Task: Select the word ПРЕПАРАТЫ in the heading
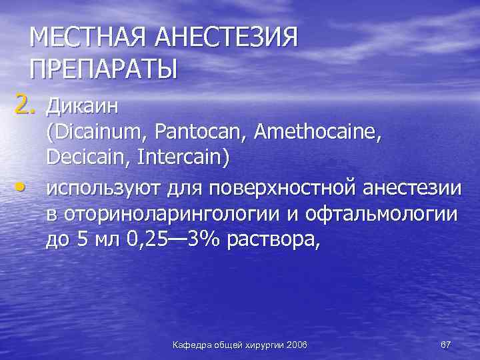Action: tap(104, 68)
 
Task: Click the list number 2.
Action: tap(21, 105)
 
